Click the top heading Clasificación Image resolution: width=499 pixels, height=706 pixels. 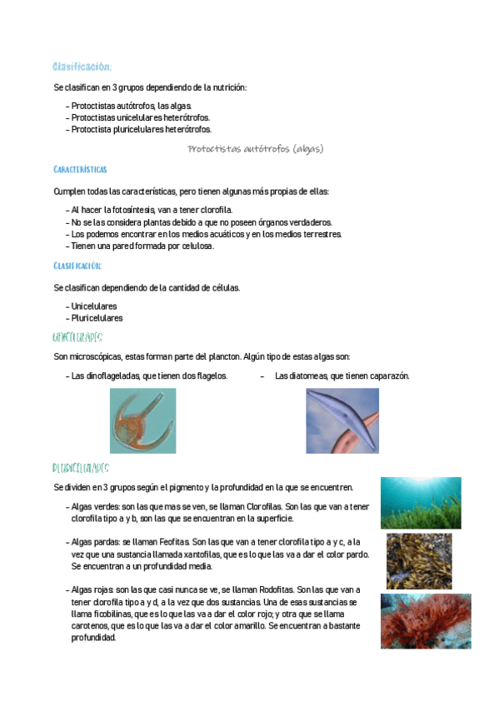pyautogui.click(x=82, y=67)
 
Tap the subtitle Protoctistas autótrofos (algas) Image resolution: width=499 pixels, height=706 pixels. pyautogui.click(x=255, y=149)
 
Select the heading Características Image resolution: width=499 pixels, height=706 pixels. pyautogui.click(x=80, y=170)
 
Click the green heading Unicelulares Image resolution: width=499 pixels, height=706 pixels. pyautogui.click(x=77, y=337)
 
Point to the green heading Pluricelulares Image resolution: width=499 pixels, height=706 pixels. pyautogui.click(x=81, y=469)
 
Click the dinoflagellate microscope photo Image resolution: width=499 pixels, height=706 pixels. pyautogui.click(x=142, y=420)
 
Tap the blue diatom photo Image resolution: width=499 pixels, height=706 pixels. pyautogui.click(x=342, y=420)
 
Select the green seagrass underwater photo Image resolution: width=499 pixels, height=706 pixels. pyautogui.click(x=421, y=503)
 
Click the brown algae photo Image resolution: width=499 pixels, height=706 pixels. pyautogui.click(x=420, y=560)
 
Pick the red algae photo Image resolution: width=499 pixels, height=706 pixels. pyautogui.click(x=426, y=620)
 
